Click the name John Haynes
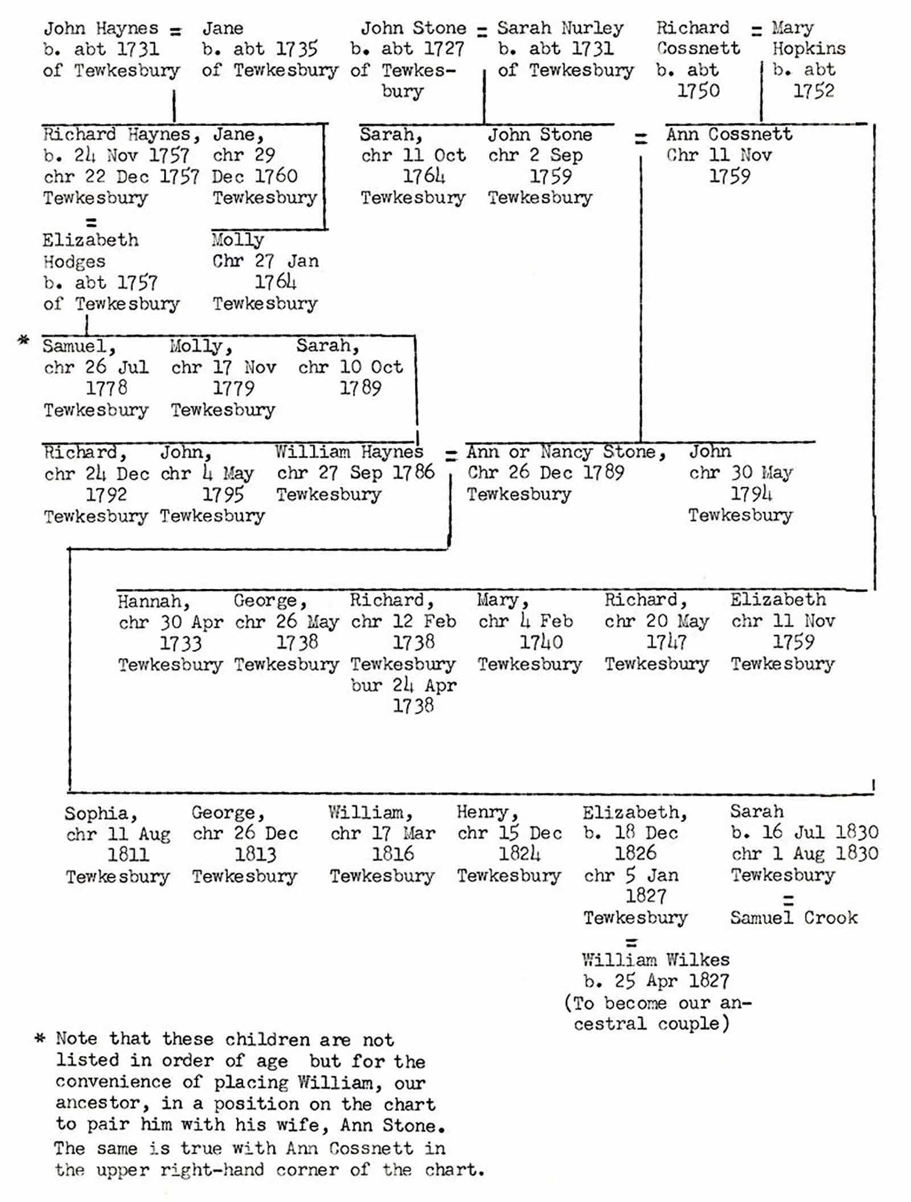tap(101, 28)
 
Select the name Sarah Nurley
tap(560, 28)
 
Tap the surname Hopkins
tap(809, 49)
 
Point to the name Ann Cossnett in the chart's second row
tap(729, 134)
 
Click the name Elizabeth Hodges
tap(90, 250)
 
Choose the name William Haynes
tap(349, 452)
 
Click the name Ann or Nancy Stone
tap(565, 452)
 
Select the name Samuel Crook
tap(794, 917)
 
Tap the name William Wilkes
tap(655, 960)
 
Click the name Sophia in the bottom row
tap(100, 813)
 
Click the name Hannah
tap(153, 601)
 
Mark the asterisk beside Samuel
tap(23, 341)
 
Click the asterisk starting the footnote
tap(39, 1038)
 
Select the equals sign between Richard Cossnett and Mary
tap(756, 30)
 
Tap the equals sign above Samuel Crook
tap(789, 900)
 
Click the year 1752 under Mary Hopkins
tap(814, 90)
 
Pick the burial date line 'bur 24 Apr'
tap(403, 685)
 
